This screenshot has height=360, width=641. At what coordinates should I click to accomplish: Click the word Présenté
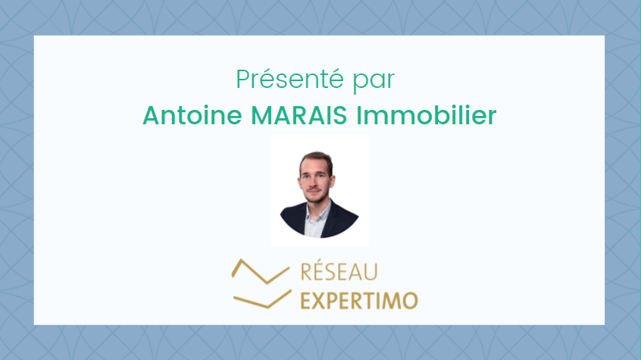coord(289,79)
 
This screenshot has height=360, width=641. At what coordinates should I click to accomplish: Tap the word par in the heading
coord(374,81)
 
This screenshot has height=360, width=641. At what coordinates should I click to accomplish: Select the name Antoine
coord(192,115)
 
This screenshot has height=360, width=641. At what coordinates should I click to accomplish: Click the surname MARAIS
coord(299,115)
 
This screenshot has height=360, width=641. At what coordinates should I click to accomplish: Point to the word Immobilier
coord(427,115)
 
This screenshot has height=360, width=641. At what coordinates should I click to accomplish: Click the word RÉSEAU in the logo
coord(339,271)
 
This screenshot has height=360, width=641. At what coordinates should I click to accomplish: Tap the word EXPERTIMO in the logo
coord(359,301)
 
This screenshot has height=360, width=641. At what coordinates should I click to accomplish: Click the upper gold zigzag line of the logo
coord(261,271)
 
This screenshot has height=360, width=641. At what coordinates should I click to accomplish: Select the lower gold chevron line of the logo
coord(262,299)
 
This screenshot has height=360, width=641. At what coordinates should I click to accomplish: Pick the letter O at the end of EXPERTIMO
coord(409,301)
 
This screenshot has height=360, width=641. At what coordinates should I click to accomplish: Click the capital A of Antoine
coord(151,115)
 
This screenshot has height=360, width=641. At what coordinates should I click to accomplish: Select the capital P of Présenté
coord(242,79)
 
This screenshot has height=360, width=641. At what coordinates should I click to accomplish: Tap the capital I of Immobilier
coord(358,115)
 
